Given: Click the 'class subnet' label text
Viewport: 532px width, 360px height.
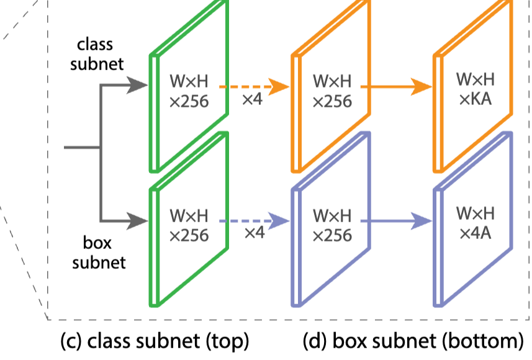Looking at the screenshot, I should coord(100,54).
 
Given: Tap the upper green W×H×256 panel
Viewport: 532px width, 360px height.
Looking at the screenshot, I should coord(189,91).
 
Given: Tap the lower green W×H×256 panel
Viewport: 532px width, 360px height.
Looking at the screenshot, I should coord(189,226).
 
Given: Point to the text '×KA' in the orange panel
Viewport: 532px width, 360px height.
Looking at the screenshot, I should coord(476,99).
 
